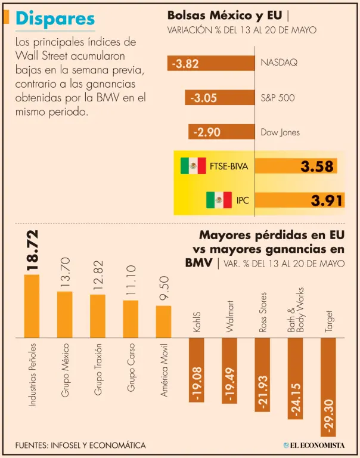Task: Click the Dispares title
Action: pos(55,19)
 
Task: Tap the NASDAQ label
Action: pos(279,62)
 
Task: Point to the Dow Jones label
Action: pos(280,132)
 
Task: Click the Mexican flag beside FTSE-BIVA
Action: pos(193,166)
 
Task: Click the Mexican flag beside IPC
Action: pos(219,200)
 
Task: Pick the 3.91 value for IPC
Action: pos(327,201)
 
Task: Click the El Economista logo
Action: pos(318,445)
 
